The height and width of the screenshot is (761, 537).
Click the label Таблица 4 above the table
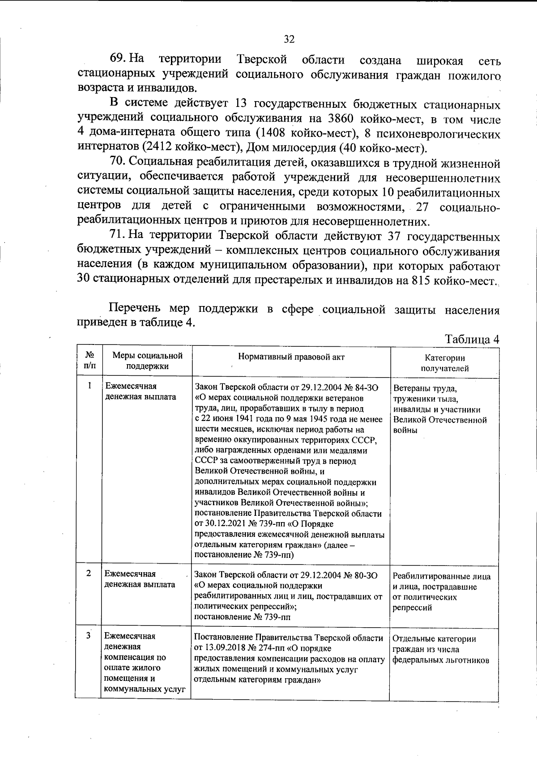472,340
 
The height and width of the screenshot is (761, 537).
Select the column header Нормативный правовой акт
291,357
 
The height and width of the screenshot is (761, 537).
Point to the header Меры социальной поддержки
147,361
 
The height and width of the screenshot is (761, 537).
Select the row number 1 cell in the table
89,385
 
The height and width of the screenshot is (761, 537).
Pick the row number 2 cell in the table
89,573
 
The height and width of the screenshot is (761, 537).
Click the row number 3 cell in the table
89,635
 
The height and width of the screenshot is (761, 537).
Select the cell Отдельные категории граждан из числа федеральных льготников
441,649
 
